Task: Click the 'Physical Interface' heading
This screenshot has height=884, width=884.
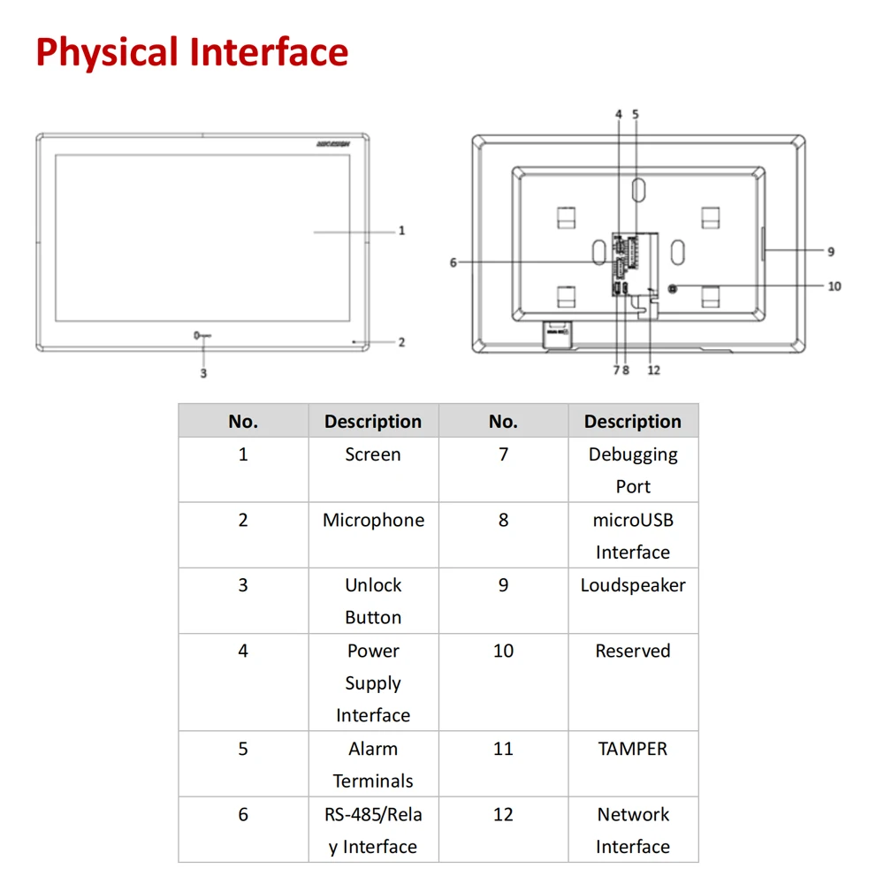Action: [192, 52]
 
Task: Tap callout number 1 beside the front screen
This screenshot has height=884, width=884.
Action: [401, 231]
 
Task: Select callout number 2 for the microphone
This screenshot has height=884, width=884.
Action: [401, 342]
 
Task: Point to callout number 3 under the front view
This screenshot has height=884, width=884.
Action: [203, 374]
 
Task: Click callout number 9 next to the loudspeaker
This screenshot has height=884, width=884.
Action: [831, 252]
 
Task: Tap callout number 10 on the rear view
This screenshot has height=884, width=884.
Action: [834, 286]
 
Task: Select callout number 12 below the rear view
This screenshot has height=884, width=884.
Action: [654, 370]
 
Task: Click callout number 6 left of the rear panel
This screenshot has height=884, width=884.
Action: [453, 263]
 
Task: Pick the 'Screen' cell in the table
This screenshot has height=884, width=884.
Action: [373, 455]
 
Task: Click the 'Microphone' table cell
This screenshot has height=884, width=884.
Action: [373, 521]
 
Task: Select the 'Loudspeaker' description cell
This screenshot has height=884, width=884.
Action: [633, 585]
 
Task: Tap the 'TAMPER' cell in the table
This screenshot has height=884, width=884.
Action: [633, 749]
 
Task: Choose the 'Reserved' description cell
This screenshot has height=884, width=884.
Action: [633, 652]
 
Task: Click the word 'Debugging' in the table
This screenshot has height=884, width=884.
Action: [633, 455]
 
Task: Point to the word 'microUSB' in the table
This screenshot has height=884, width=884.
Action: [633, 521]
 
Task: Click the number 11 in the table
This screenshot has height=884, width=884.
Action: [503, 749]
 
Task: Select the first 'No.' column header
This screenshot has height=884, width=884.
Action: [243, 422]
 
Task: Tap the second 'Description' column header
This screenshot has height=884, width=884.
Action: [633, 422]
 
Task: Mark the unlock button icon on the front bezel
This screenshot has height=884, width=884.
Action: [202, 336]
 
